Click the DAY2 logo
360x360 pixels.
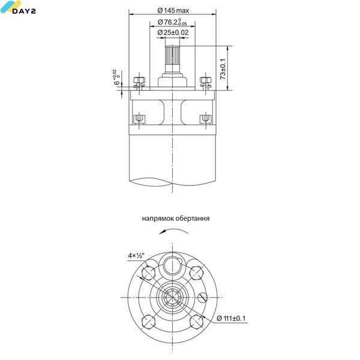point(18,8)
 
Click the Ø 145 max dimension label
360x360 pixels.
point(173,11)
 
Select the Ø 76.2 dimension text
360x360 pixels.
point(172,22)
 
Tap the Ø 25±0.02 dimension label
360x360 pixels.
point(173,32)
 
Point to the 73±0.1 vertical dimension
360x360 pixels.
point(223,69)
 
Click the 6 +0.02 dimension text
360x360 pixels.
point(116,77)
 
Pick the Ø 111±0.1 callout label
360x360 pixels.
point(231,318)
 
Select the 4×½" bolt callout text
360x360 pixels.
point(136,256)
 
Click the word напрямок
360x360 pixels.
point(158,218)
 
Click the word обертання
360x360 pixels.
point(193,218)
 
